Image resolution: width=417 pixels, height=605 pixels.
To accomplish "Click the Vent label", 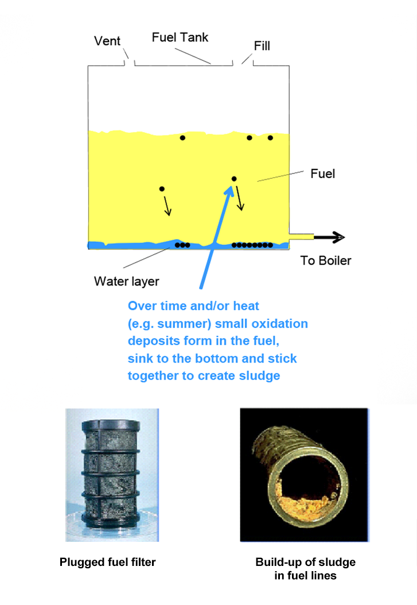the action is click(x=107, y=41).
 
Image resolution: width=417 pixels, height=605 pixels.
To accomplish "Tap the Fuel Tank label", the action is click(x=180, y=37).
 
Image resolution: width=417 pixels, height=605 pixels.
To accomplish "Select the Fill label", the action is click(x=262, y=46).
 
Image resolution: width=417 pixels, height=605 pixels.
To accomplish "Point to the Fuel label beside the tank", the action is click(x=323, y=174).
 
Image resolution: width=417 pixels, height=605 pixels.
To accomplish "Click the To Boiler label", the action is click(x=326, y=260).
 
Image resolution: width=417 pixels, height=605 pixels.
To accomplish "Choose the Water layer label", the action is click(x=126, y=282).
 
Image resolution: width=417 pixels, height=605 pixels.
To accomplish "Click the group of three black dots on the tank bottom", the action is click(x=182, y=245).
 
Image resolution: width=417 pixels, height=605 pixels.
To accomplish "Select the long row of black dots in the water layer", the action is click(x=252, y=245).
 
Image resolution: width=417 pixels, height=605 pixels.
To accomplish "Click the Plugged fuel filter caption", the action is click(x=107, y=562).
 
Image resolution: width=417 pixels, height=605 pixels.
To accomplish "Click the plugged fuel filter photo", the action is click(x=112, y=475).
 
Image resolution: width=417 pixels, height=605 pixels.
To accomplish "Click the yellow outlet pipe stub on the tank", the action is click(x=302, y=237).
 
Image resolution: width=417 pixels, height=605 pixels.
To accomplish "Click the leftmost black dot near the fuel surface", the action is click(x=182, y=138).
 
